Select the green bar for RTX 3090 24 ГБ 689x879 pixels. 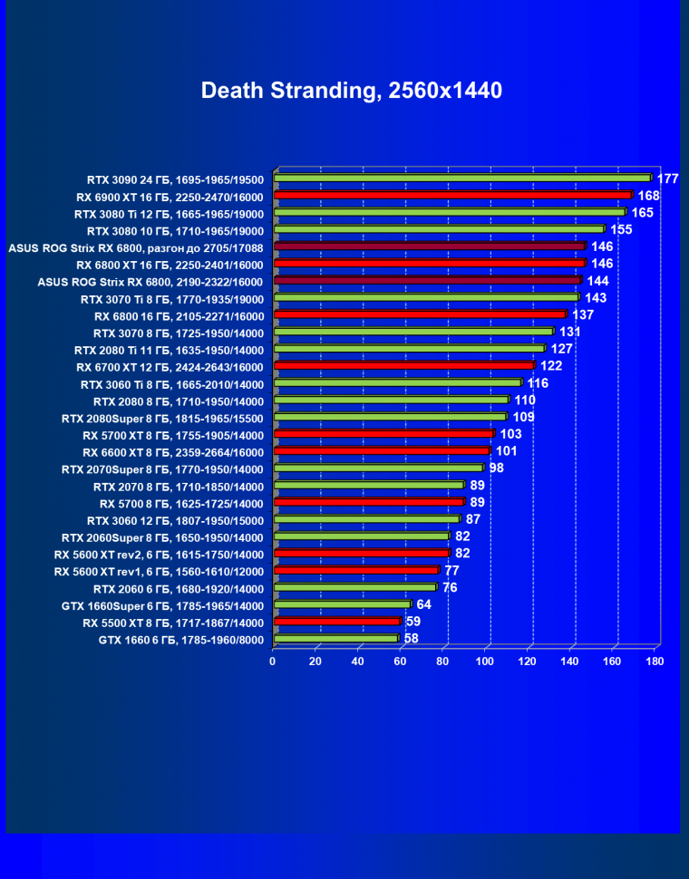coord(462,178)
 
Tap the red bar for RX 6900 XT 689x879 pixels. coord(452,195)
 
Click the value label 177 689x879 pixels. coord(668,179)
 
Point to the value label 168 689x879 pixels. coord(648,196)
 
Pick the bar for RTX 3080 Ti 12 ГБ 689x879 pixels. coord(450,212)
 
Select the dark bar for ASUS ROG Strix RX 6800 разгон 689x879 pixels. coord(430,246)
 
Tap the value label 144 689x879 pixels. coord(597,281)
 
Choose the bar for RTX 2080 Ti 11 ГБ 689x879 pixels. coord(409,349)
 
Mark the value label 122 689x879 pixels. coord(551,366)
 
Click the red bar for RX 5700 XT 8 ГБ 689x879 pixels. coord(383,434)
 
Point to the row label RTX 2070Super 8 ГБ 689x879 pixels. coord(162,469)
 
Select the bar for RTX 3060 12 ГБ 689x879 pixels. coord(366,520)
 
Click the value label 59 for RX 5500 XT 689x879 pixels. coord(412,622)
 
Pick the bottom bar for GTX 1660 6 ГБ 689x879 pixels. coord(335,639)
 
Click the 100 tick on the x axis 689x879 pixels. coord(486,661)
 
